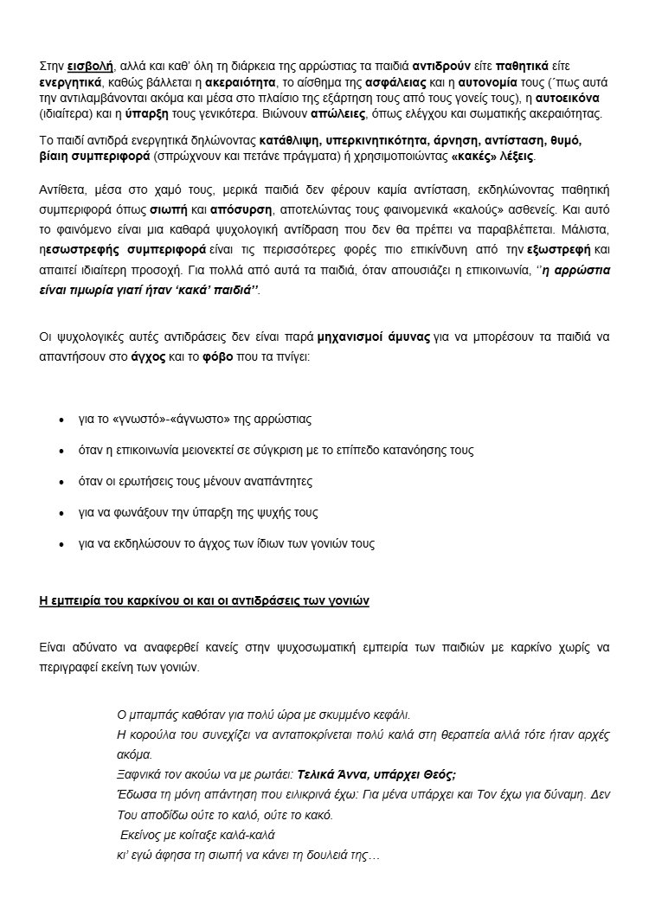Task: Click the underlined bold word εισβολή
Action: pyautogui.click(x=90, y=67)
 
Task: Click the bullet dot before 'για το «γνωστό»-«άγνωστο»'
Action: pyautogui.click(x=61, y=420)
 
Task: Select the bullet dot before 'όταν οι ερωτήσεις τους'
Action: pyautogui.click(x=61, y=482)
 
